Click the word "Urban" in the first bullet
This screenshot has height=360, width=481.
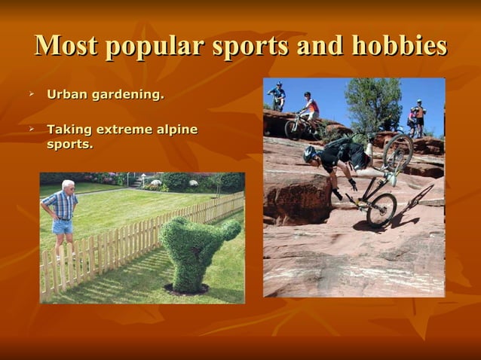click(66, 95)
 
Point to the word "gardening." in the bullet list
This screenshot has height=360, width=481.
click(127, 96)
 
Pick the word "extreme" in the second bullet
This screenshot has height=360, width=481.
click(118, 130)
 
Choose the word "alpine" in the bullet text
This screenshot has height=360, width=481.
click(176, 130)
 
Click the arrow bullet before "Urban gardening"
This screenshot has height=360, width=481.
click(32, 95)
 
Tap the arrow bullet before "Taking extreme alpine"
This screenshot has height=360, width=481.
click(32, 130)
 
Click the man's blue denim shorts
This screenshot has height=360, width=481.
click(62, 226)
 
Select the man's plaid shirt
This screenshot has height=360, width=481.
click(60, 205)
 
